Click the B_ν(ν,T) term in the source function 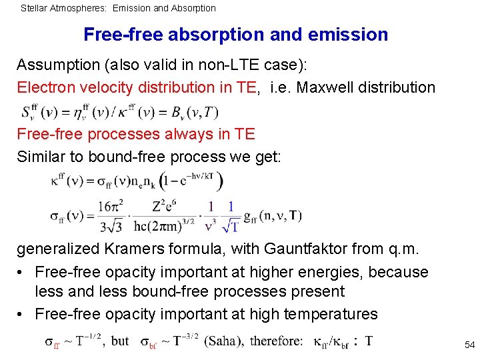click(193, 111)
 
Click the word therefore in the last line click(276, 341)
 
